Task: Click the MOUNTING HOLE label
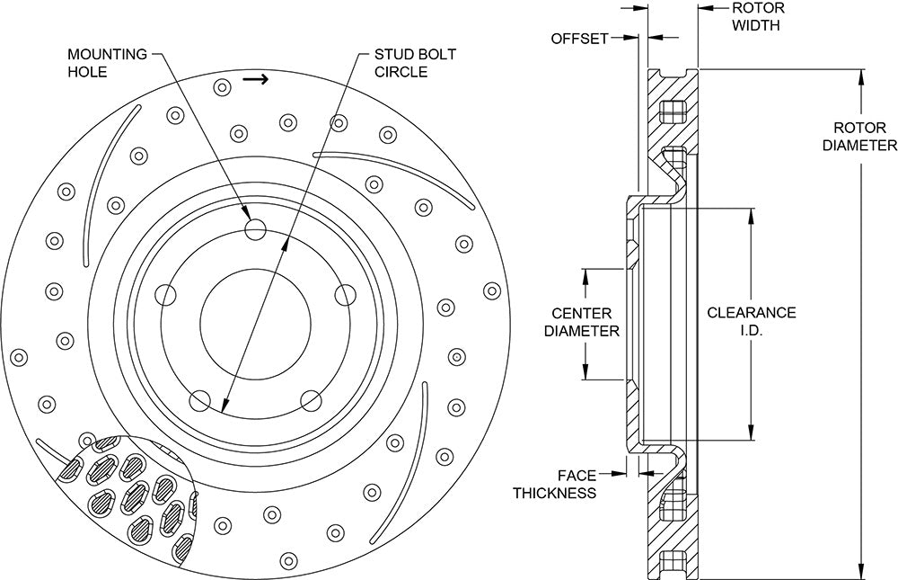(107, 63)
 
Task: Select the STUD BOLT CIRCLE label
(415, 63)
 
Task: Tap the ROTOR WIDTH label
(758, 17)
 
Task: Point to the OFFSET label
(579, 39)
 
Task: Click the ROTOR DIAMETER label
(859, 137)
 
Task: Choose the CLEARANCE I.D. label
(752, 321)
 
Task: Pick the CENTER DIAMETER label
(582, 323)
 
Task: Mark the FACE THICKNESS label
(554, 484)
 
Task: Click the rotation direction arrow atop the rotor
(255, 80)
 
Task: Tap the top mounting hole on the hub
(255, 229)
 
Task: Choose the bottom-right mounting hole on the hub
(311, 400)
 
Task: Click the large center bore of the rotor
(255, 324)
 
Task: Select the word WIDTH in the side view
(756, 25)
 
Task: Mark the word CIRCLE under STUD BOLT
(401, 72)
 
